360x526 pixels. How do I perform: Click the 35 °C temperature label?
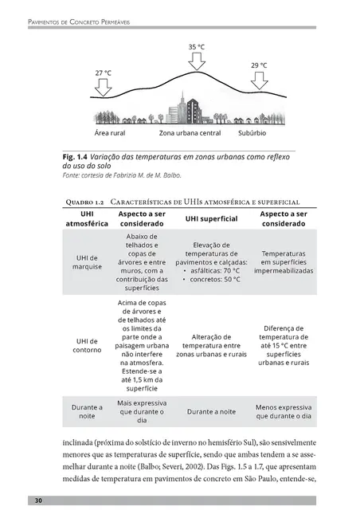[x=197, y=47]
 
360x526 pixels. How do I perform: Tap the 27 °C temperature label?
[x=104, y=73]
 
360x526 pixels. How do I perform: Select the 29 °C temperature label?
[x=259, y=65]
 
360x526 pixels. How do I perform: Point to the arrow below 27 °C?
[x=104, y=86]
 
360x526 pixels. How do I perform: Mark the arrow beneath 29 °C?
[x=259, y=79]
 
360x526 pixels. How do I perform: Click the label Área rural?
[x=113, y=132]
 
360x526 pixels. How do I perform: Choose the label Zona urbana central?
[x=189, y=132]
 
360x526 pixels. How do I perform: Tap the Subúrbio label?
[x=256, y=132]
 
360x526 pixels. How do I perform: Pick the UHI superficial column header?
[x=211, y=219]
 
